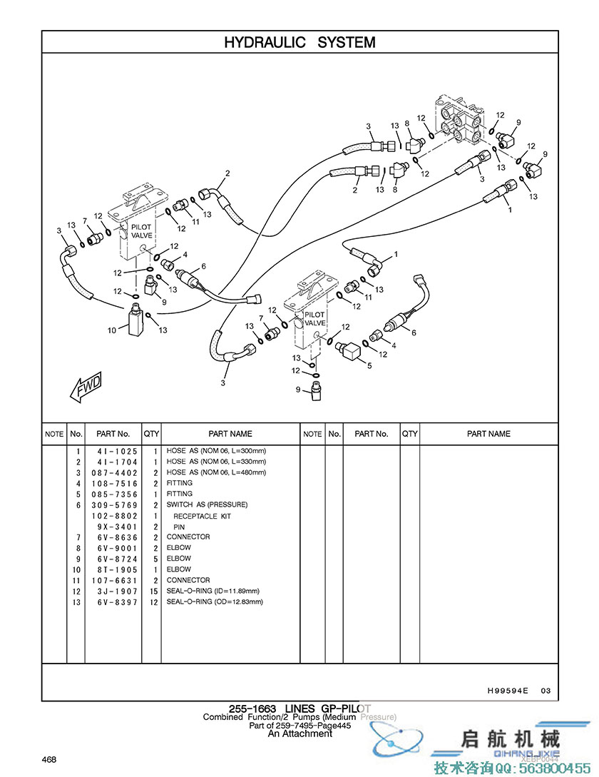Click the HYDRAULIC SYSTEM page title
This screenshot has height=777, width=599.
299,42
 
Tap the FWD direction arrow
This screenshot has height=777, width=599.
85,387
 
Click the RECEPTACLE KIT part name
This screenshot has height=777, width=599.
203,516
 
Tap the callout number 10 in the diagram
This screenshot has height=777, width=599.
111,330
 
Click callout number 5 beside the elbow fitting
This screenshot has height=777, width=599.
369,366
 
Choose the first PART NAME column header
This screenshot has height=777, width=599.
230,434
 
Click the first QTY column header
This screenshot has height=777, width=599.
152,434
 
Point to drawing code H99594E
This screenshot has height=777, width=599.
508,691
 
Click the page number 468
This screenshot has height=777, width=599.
49,758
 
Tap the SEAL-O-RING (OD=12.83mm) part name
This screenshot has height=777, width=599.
215,602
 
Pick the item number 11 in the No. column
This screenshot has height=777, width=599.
76,581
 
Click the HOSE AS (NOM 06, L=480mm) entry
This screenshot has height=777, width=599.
216,472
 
